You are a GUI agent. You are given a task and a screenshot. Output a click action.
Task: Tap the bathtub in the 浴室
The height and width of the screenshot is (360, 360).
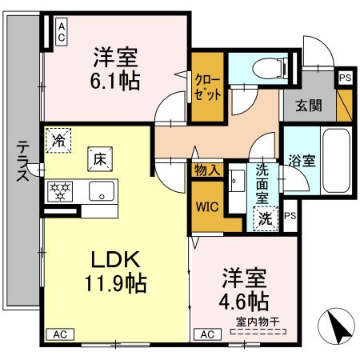click(336, 161)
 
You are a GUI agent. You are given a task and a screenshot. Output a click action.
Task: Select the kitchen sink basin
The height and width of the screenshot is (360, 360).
click(102, 191)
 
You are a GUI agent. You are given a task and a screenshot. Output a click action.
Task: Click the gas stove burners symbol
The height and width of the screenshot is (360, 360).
click(60, 191)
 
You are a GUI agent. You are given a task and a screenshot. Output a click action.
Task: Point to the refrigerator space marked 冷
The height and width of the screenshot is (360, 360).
click(58, 141)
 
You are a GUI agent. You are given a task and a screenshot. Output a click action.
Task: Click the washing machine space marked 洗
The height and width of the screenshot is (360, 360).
click(266, 219)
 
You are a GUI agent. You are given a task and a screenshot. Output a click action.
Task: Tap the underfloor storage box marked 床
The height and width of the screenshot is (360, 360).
click(100, 159)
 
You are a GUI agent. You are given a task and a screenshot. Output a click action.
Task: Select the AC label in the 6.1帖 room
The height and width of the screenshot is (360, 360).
click(62, 32)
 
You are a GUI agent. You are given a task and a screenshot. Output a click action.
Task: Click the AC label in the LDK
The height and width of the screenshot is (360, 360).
click(60, 334)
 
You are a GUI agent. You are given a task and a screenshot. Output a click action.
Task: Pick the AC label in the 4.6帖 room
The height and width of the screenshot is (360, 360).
click(207, 334)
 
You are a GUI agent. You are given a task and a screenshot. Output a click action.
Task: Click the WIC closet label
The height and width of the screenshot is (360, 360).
click(207, 207)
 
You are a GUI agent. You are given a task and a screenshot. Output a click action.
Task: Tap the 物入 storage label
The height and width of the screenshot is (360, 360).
click(208, 170)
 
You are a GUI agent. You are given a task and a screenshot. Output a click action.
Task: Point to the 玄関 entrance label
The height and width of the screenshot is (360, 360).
click(309, 106)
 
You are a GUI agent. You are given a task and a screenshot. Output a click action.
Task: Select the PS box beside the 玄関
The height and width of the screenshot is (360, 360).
click(346, 78)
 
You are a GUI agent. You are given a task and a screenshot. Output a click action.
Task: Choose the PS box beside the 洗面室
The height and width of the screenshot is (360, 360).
click(290, 215)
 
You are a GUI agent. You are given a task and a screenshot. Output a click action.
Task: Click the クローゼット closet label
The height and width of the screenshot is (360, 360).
click(207, 87)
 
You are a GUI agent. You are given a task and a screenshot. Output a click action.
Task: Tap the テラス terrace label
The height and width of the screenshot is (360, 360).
click(23, 162)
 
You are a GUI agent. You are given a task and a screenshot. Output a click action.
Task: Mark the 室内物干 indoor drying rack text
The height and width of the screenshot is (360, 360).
click(258, 322)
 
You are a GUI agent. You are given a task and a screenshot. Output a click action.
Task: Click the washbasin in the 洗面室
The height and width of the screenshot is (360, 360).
click(237, 181)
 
